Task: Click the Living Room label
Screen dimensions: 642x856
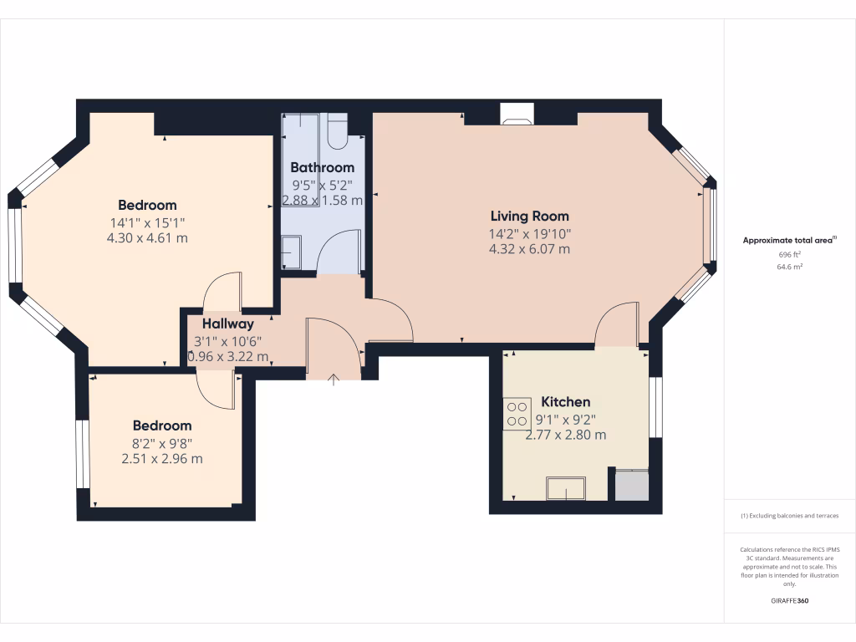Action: click(529, 216)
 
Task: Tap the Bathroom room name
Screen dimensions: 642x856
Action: click(322, 167)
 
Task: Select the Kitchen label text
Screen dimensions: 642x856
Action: click(565, 402)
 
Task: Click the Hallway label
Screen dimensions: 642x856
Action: click(227, 324)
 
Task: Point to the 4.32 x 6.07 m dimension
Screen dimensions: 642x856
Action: click(529, 249)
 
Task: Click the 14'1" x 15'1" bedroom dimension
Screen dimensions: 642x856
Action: click(147, 222)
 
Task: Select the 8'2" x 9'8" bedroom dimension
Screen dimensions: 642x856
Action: click(161, 443)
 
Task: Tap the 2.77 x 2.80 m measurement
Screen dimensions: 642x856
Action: click(565, 436)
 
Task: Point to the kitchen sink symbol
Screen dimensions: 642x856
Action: click(565, 487)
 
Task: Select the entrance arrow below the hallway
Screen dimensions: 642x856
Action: click(334, 380)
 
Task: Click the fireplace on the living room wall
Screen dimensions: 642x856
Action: click(514, 115)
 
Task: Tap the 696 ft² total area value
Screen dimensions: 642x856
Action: click(790, 254)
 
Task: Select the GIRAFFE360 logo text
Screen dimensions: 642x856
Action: click(790, 601)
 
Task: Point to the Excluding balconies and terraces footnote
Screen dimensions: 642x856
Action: click(790, 516)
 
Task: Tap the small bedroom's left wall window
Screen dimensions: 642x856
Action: click(83, 453)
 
